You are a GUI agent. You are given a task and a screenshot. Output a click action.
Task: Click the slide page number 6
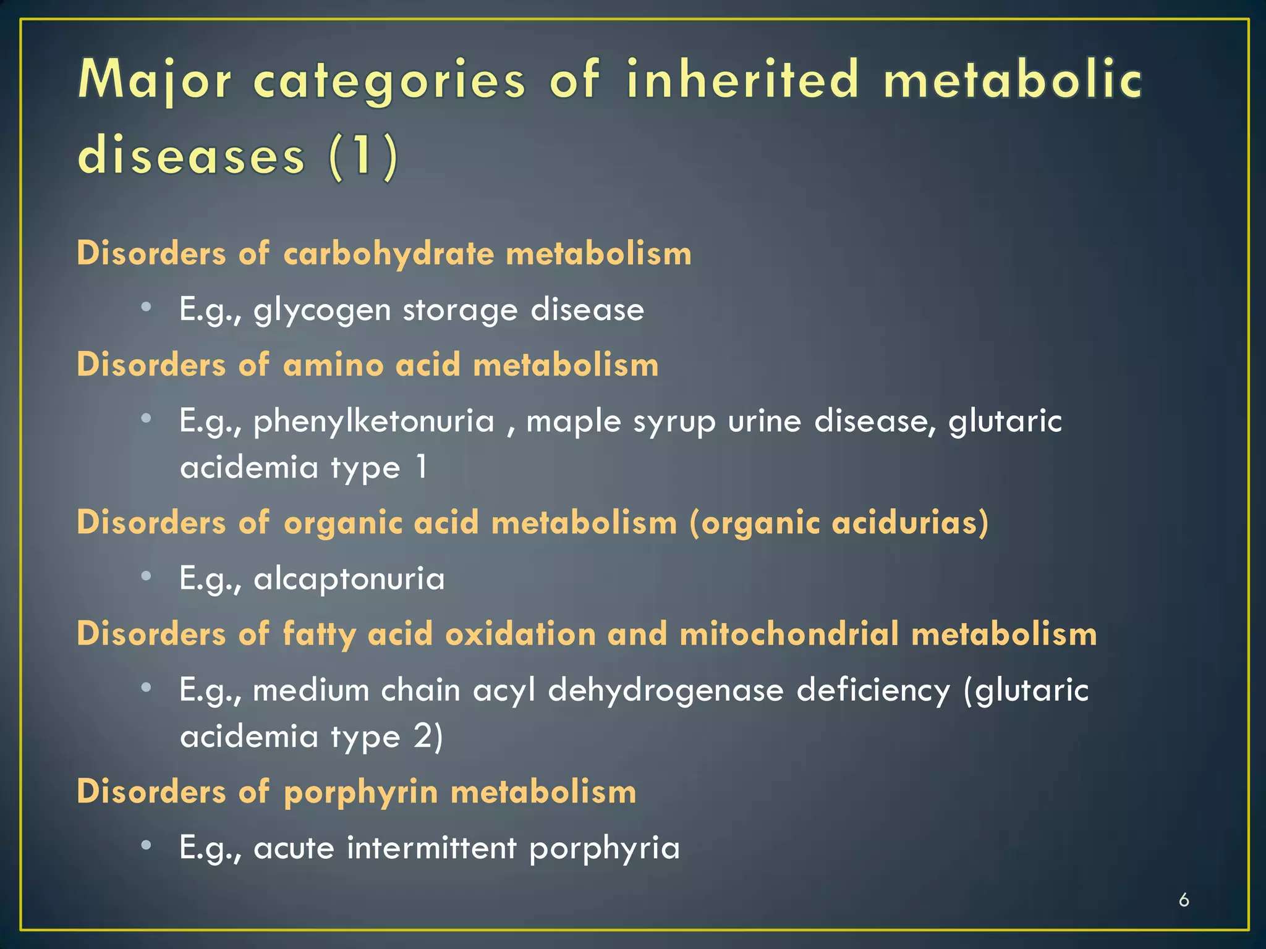click(1184, 900)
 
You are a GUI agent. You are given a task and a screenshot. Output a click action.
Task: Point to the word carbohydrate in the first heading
click(389, 254)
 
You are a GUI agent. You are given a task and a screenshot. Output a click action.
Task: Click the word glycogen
click(322, 310)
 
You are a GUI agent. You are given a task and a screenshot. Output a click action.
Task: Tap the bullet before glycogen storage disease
click(146, 307)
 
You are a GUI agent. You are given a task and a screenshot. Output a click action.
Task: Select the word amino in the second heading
click(333, 365)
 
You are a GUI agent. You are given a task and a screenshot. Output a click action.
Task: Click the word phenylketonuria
click(374, 422)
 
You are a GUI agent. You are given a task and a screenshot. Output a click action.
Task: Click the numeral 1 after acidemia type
click(421, 466)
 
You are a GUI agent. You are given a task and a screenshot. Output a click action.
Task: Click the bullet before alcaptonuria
click(146, 576)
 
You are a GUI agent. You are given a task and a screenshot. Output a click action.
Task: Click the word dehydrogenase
click(666, 691)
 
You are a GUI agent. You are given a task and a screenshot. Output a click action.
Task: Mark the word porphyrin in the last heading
click(361, 793)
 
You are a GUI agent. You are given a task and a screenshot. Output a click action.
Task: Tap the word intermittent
click(431, 848)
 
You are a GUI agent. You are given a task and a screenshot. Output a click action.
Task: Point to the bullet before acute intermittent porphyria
click(146, 845)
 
